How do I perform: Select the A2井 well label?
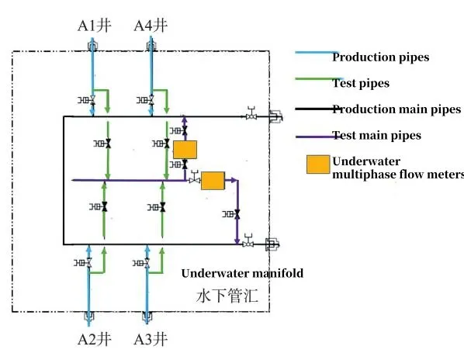92,339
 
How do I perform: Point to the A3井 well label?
149,339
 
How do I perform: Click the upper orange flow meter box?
185,149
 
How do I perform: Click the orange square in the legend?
317,165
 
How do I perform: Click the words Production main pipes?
396,109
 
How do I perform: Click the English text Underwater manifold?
242,273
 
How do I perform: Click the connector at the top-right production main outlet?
274,116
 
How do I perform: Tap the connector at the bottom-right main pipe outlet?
272,244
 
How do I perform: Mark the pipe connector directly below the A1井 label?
92,47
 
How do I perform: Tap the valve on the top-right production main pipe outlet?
251,116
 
